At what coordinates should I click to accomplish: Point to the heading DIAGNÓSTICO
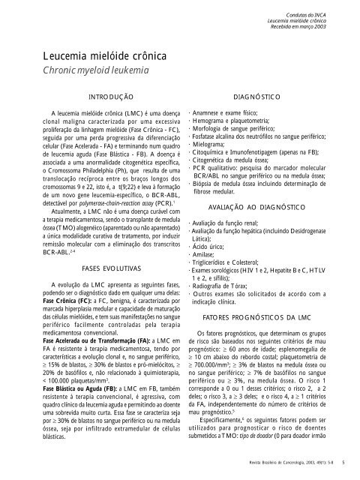(x=256, y=98)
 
